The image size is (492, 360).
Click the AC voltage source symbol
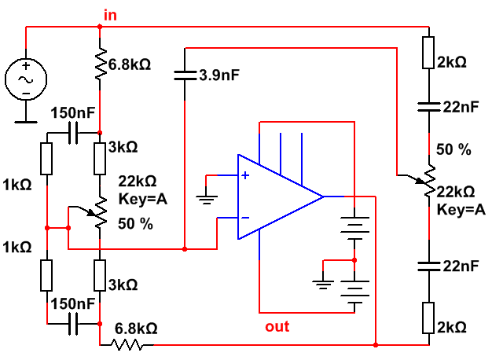pos(26,79)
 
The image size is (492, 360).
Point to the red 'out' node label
pos(277,326)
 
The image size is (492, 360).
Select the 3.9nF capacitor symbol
pos(183,75)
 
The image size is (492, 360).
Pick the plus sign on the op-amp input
pos(245,176)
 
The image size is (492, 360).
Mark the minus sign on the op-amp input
pos(245,218)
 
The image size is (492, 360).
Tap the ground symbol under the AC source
pos(26,119)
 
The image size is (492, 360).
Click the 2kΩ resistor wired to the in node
pos(429,52)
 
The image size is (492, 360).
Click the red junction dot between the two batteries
pos(354,258)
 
